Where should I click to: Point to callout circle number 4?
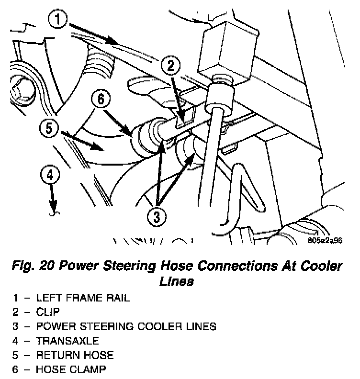pos(50,175)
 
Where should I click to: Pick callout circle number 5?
pos(50,129)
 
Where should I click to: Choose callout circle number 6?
pos(101,100)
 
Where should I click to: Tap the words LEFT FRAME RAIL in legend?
pos(83,298)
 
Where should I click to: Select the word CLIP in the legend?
pos(48,312)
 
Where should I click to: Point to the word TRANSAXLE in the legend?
pos(67,341)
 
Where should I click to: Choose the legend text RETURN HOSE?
pos(75,355)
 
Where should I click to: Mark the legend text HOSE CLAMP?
pos(71,369)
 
